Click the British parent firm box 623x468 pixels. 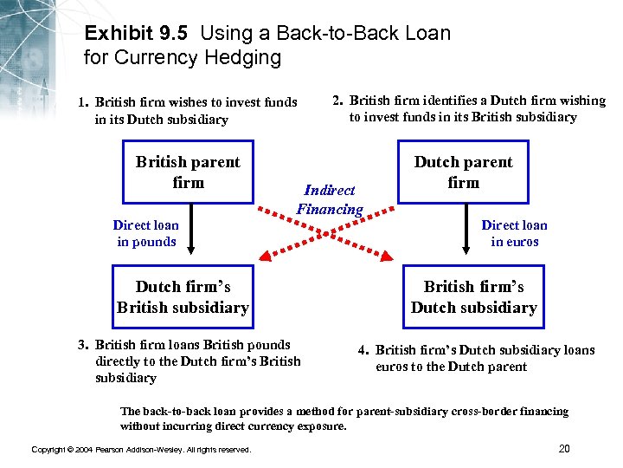click(188, 172)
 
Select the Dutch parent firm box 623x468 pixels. click(463, 172)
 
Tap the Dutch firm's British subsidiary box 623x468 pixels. click(183, 297)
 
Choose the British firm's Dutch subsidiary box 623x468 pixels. click(473, 297)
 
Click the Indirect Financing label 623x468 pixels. click(330, 199)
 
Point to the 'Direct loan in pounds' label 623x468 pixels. click(145, 233)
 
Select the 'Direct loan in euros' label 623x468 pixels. click(514, 233)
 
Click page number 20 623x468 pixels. click(564, 448)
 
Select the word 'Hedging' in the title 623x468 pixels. click(247, 58)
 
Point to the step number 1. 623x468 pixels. click(83, 102)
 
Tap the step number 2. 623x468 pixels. click(338, 101)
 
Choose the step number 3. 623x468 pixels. click(83, 345)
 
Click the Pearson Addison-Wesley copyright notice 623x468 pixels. click(141, 450)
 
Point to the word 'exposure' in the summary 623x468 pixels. click(320, 426)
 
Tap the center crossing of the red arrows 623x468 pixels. click(328, 232)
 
